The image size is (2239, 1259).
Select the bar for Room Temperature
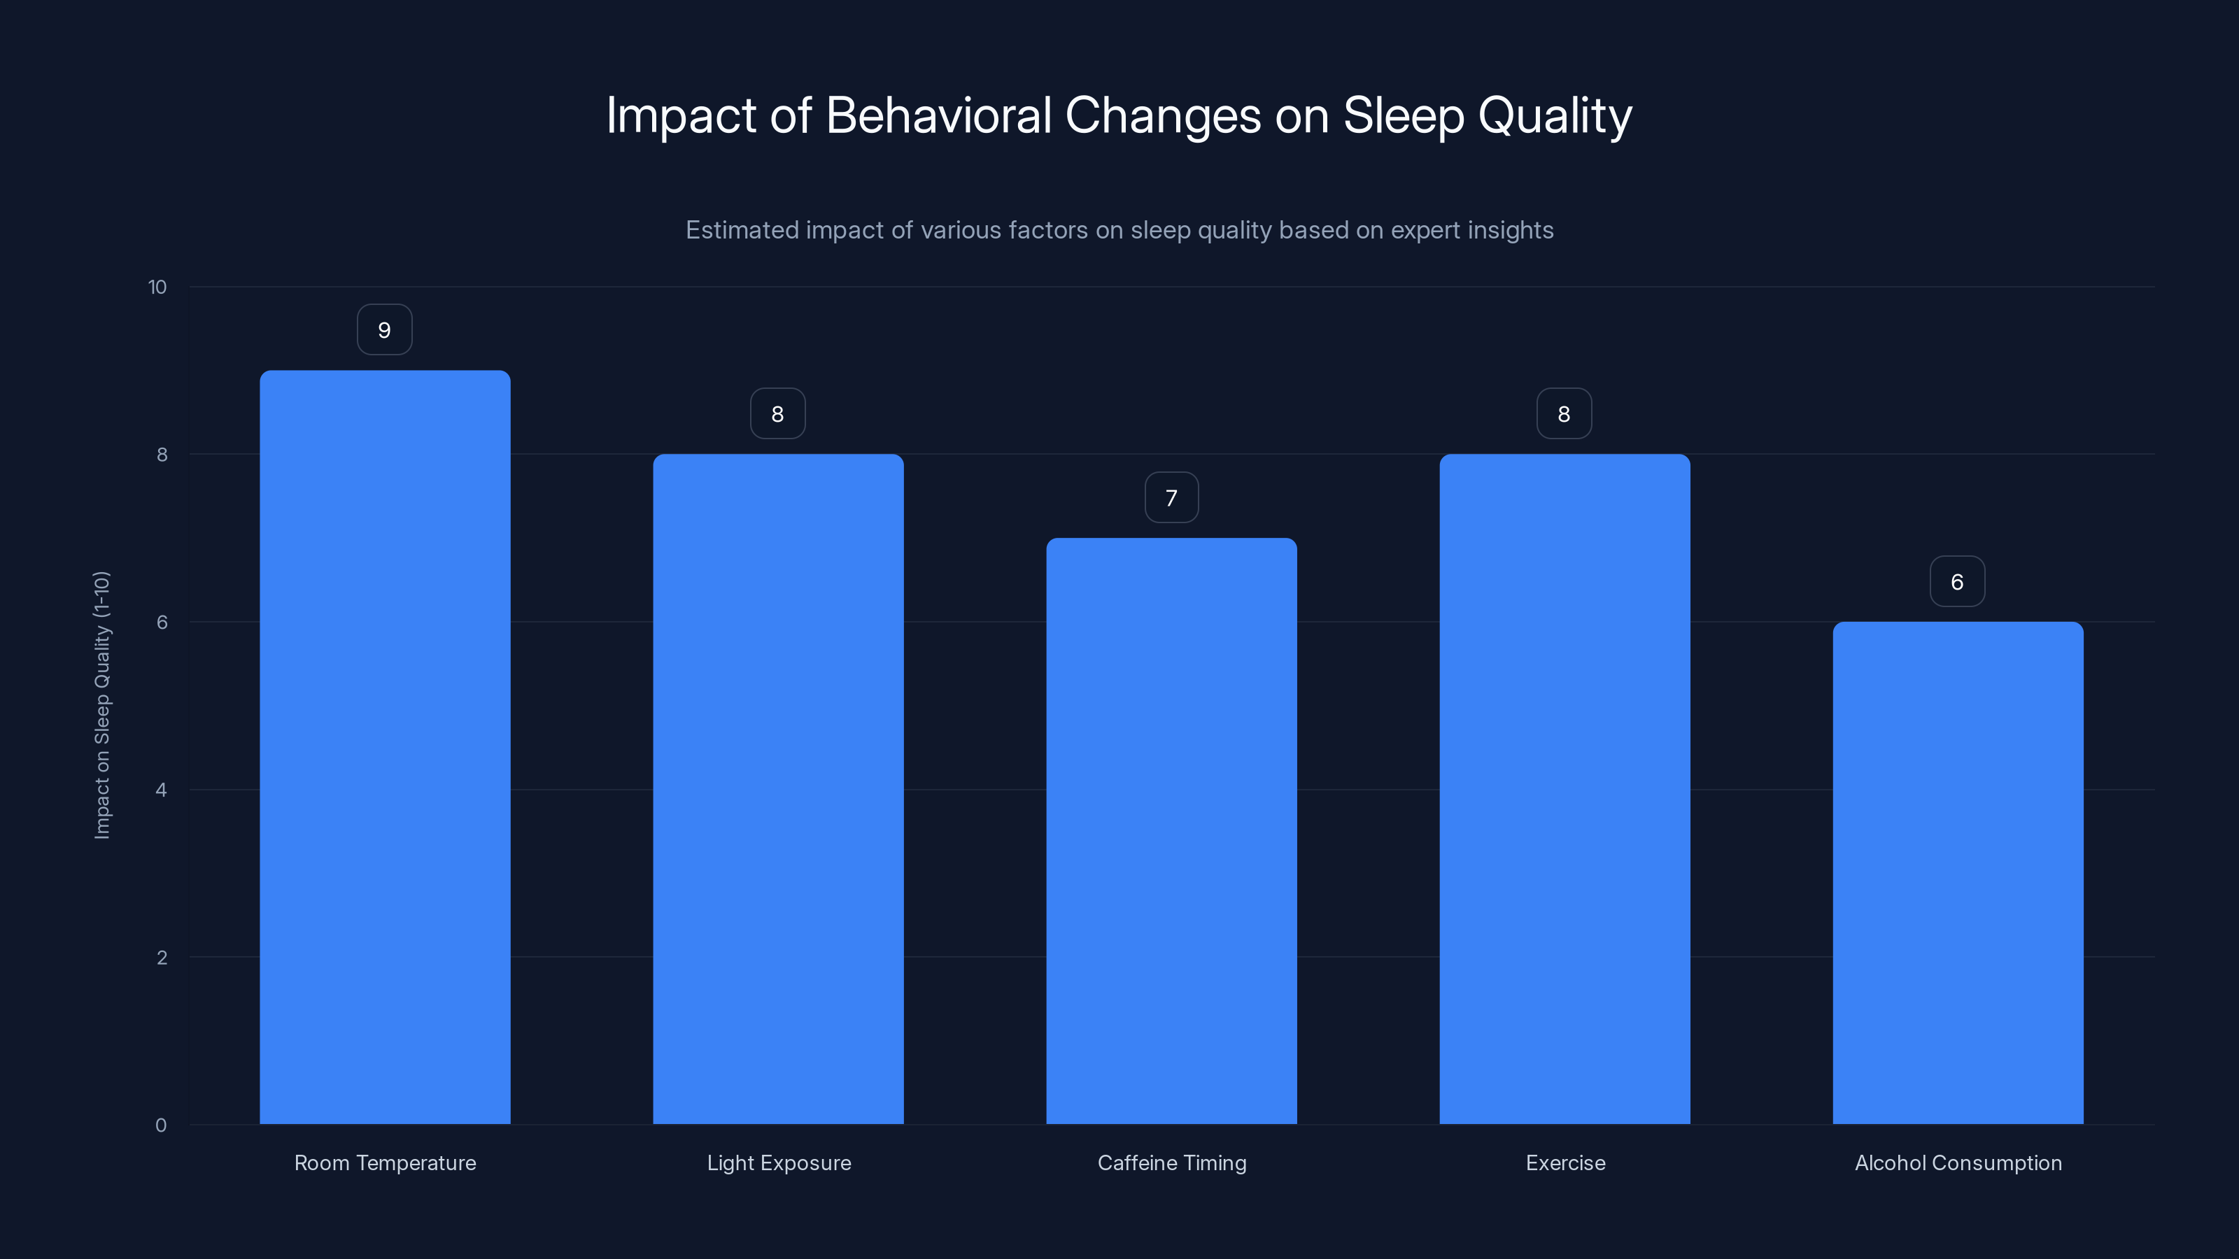point(385,747)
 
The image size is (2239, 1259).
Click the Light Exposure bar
point(778,789)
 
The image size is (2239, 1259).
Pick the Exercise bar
point(1565,789)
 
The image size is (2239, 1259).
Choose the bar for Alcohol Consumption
point(1958,872)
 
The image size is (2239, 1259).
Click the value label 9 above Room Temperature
point(384,330)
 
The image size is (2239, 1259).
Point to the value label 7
point(1171,498)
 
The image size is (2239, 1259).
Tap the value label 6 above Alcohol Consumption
point(1956,582)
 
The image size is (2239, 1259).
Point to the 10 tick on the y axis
point(157,287)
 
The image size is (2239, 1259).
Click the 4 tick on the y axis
point(161,790)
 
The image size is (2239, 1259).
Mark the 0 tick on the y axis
point(161,1126)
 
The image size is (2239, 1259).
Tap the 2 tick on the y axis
point(161,958)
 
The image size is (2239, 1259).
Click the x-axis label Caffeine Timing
point(1172,1163)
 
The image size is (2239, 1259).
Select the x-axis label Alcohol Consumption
point(1958,1163)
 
